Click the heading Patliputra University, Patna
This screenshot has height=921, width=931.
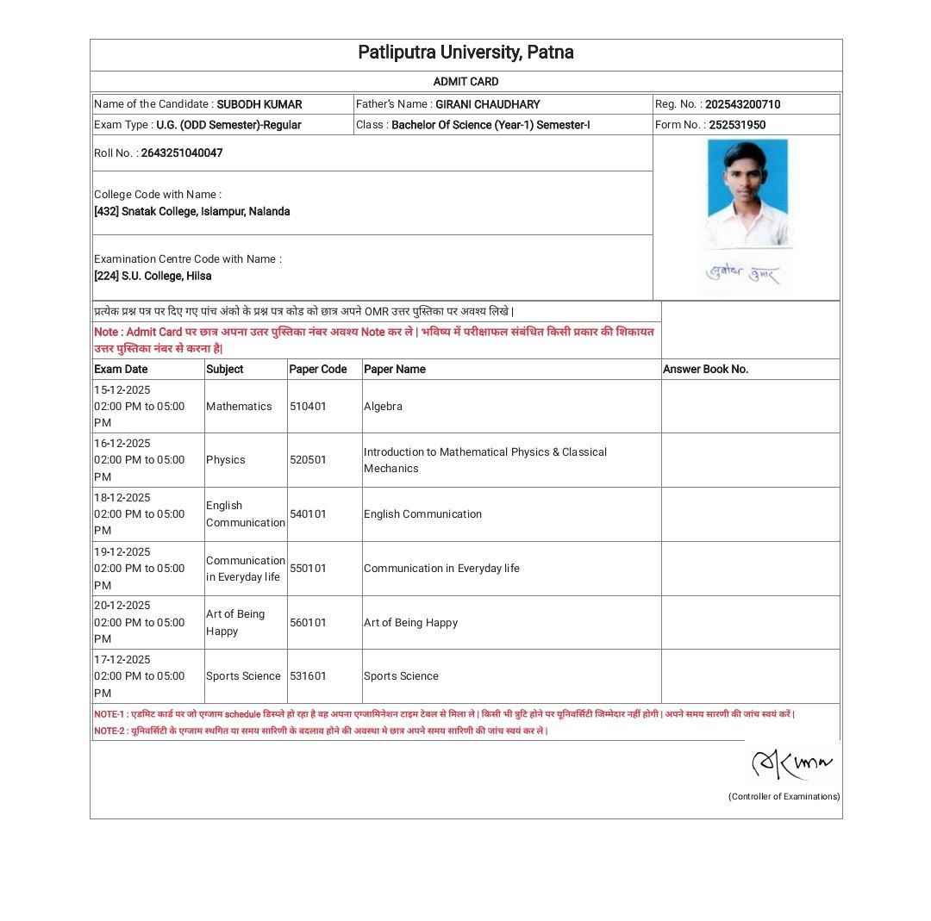(x=465, y=53)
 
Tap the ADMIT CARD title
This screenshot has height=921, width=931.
(x=465, y=82)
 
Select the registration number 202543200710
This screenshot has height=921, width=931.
(x=742, y=104)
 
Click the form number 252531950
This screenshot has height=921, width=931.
(x=737, y=125)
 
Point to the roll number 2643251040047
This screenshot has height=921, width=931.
(x=181, y=153)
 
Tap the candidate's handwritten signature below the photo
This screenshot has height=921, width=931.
(x=743, y=276)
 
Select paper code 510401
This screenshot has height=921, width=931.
(x=308, y=407)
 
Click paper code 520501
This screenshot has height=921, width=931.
(x=308, y=460)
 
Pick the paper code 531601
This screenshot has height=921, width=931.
(x=308, y=676)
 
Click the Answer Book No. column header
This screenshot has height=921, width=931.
(x=705, y=370)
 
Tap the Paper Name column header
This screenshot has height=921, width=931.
(x=394, y=370)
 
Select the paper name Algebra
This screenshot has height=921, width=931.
(x=383, y=407)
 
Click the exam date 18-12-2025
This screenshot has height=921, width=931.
(x=122, y=498)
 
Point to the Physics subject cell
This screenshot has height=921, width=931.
(x=226, y=460)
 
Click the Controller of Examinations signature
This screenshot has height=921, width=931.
(x=792, y=762)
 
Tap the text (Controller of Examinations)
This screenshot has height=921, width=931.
(x=784, y=797)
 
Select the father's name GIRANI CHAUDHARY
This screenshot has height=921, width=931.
(x=487, y=104)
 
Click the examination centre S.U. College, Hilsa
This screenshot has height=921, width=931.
(x=153, y=277)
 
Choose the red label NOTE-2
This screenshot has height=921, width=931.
(x=109, y=731)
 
